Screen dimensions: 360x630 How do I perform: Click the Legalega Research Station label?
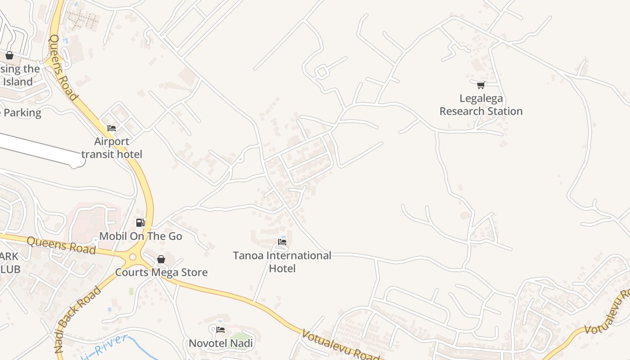click(481, 105)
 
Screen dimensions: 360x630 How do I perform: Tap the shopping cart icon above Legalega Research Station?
click(481, 85)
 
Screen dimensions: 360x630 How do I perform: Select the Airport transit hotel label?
click(112, 148)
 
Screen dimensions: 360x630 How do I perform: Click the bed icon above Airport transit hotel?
click(112, 128)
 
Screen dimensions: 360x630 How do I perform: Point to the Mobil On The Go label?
click(140, 236)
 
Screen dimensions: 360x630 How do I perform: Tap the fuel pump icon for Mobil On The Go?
click(140, 222)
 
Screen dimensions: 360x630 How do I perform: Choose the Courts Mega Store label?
click(161, 272)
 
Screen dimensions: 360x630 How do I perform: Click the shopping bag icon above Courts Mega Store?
click(161, 259)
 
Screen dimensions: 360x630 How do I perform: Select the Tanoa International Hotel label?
click(282, 262)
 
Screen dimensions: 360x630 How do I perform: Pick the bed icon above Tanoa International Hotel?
click(282, 242)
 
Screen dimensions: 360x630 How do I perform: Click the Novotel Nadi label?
click(220, 343)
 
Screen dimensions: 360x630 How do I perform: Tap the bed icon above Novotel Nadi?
click(220, 330)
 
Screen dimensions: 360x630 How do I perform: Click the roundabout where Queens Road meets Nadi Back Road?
click(132, 257)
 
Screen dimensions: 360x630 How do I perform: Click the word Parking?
click(22, 112)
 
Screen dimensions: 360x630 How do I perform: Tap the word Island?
click(18, 82)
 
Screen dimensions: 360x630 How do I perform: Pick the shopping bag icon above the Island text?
click(9, 55)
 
